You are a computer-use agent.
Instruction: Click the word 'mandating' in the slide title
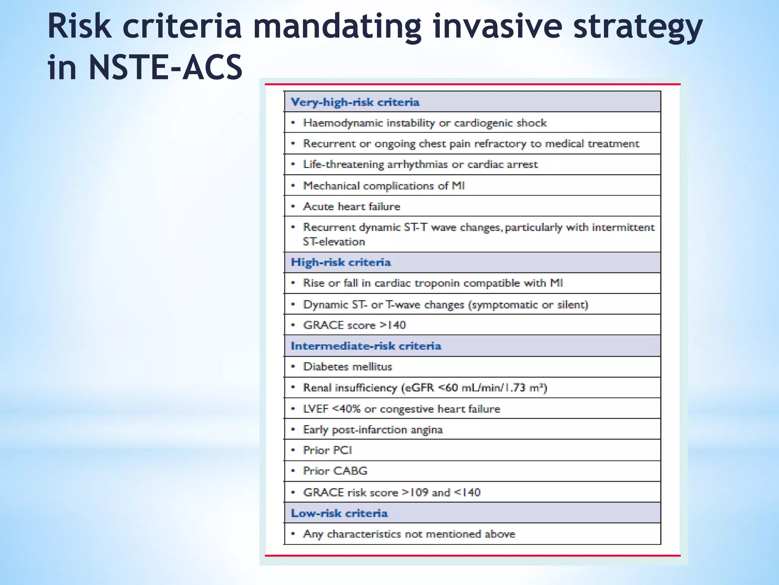click(337, 27)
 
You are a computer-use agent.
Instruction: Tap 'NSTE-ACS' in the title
click(165, 68)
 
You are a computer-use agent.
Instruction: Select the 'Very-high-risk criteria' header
click(355, 102)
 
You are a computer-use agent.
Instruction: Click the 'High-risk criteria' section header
click(341, 262)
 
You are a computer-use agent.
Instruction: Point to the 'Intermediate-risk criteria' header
click(366, 346)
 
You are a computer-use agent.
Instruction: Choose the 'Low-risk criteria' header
click(339, 513)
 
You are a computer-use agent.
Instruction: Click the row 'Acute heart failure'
click(351, 206)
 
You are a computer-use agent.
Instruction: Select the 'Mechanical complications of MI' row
click(383, 186)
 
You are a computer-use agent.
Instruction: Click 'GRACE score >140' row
click(354, 325)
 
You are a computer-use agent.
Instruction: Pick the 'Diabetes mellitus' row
click(347, 367)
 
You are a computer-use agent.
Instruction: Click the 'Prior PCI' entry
click(327, 450)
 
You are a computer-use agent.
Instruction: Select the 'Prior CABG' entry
click(335, 471)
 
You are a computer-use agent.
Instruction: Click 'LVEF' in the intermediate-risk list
click(315, 409)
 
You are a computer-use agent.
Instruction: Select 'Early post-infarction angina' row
click(373, 430)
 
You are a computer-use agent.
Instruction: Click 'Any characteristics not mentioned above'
click(409, 534)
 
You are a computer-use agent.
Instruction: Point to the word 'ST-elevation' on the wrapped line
click(334, 242)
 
